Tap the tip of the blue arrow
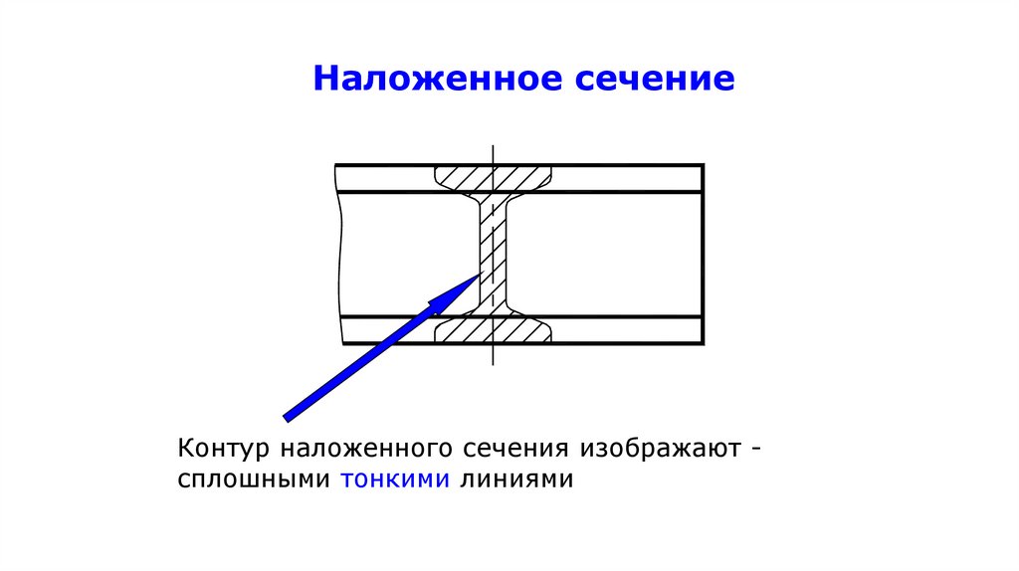click(480, 276)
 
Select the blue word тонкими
click(396, 479)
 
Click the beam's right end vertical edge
click(704, 254)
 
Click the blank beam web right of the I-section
click(607, 254)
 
